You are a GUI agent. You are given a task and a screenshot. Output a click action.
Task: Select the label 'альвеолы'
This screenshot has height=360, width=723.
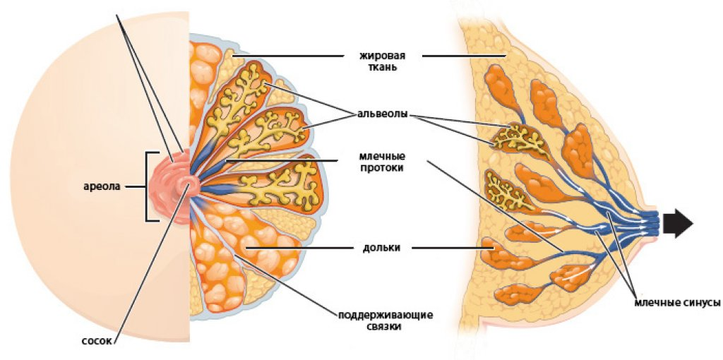(381, 114)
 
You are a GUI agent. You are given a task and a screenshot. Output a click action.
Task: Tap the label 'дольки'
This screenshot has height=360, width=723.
(381, 248)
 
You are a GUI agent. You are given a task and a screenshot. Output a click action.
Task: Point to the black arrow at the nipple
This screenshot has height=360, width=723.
(679, 224)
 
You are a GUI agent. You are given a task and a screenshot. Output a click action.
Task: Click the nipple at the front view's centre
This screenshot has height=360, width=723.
(189, 186)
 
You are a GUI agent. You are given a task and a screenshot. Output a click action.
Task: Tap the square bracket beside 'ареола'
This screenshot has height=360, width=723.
(148, 186)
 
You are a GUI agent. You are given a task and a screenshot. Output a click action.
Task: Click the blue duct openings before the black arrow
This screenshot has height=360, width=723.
(653, 223)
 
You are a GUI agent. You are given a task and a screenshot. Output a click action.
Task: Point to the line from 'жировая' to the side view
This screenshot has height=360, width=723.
(466, 56)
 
